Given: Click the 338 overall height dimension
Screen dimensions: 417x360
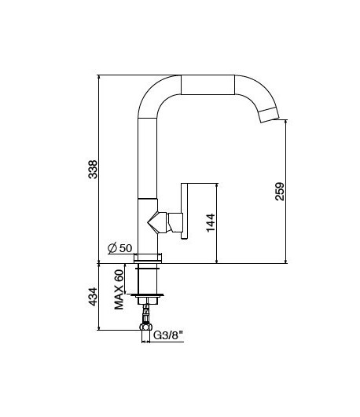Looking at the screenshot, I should pos(93,168).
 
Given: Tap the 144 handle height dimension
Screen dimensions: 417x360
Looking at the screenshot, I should pos(210,223).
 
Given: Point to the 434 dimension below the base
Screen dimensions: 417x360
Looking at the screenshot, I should pos(93,297).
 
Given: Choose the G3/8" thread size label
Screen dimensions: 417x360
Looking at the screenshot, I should pos(167,335).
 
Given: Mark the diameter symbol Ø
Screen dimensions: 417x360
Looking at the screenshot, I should pos(112,248).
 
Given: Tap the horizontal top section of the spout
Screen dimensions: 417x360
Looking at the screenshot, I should pos(208,84).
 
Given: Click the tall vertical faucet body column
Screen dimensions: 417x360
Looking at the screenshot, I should pos(149,157).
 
